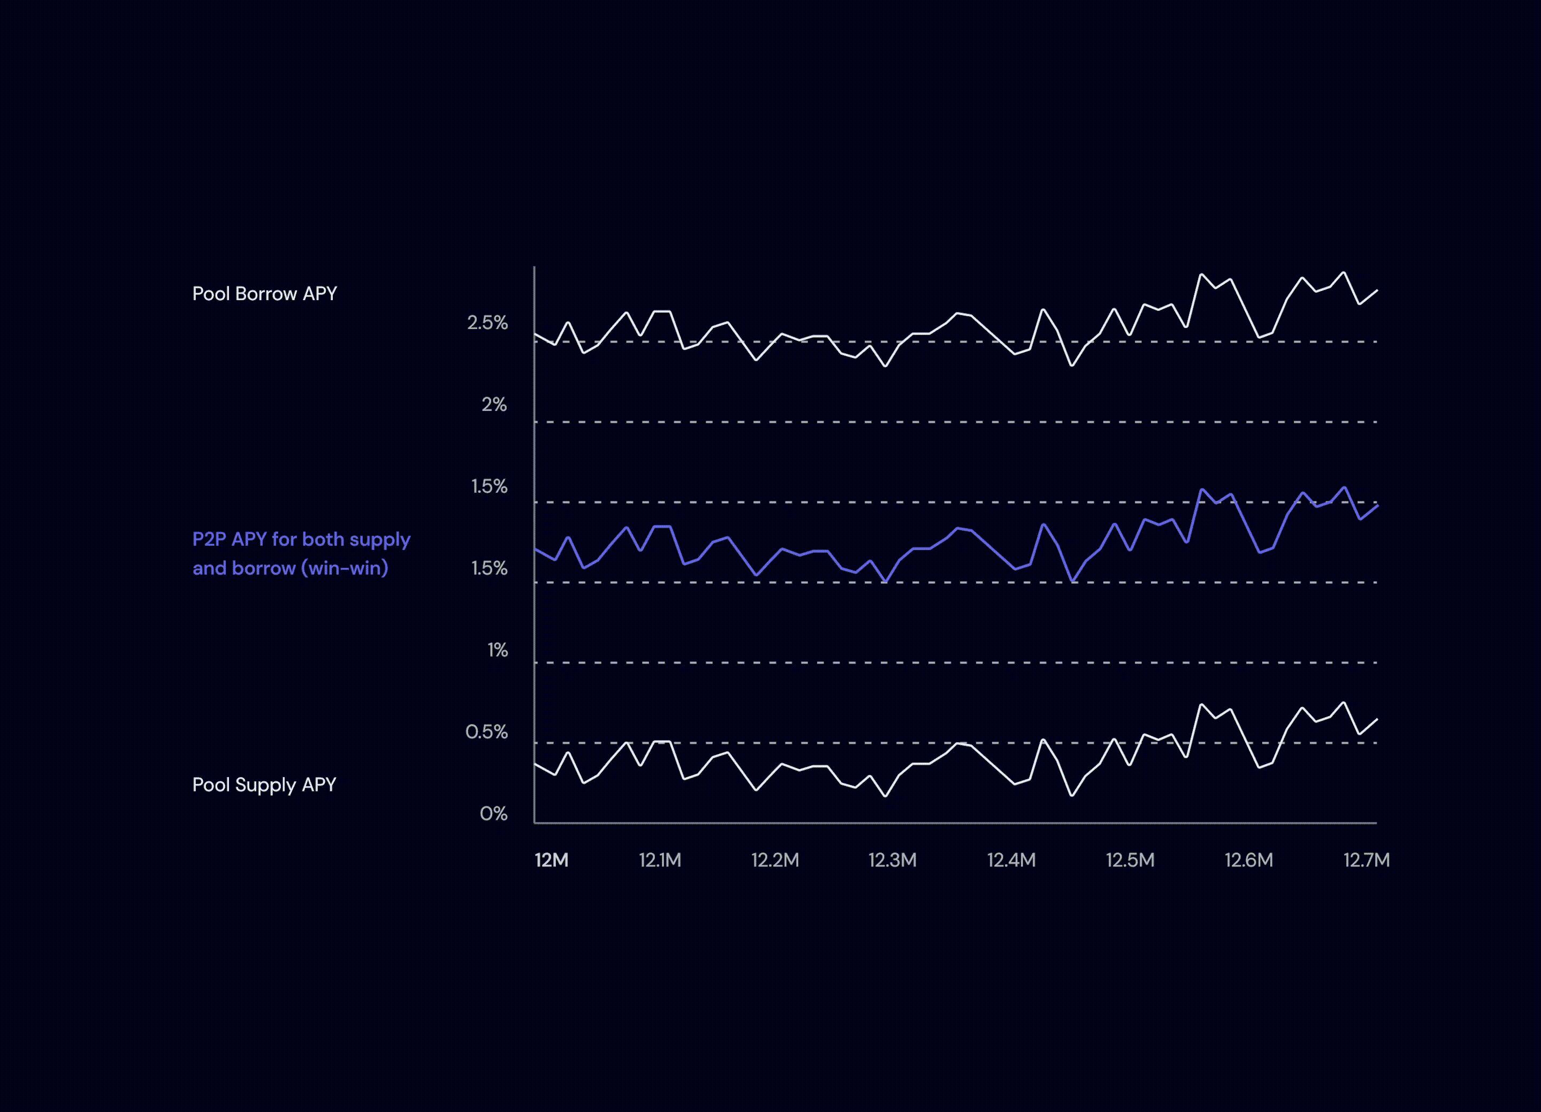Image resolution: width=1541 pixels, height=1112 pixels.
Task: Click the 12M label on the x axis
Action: pos(551,860)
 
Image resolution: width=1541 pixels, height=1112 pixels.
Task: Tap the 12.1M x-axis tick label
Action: pos(660,860)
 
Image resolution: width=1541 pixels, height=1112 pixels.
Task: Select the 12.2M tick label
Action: pos(775,860)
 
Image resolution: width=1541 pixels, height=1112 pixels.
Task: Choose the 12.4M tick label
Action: pos(1011,860)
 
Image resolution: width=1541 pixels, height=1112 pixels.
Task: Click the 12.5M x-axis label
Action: pos(1130,860)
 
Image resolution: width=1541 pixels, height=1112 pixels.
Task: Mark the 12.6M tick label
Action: pos(1248,860)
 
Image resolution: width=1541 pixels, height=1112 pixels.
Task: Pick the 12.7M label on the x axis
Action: pos(1367,860)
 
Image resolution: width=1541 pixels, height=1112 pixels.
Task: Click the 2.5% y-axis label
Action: pos(487,322)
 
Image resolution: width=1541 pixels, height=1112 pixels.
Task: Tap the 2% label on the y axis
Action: pos(494,405)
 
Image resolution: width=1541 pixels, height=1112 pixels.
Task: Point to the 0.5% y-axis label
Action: pos(486,732)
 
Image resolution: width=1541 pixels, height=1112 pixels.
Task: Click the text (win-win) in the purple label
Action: pos(345,568)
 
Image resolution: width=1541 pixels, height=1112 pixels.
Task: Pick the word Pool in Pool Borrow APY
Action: pos(211,294)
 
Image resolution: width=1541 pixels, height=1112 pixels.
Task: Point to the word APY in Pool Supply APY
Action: pos(319,785)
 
